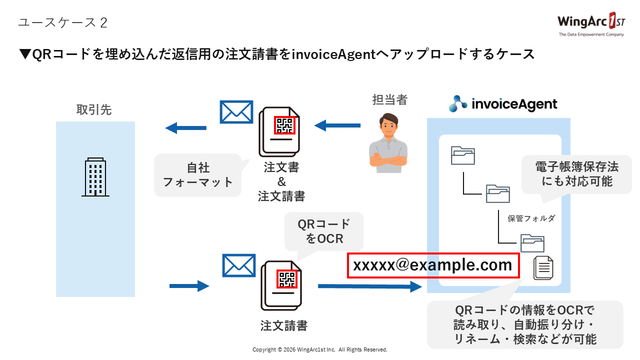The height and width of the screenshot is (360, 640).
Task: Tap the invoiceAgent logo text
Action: tap(503, 103)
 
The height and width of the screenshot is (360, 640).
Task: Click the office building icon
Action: tap(95, 177)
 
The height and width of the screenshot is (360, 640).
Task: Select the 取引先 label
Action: tap(94, 109)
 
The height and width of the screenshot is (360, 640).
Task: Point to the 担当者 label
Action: tap(390, 100)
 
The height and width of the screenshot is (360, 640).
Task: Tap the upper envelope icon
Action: tap(236, 112)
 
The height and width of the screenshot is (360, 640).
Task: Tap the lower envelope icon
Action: tap(238, 265)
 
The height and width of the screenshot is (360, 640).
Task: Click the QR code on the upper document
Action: tap(284, 125)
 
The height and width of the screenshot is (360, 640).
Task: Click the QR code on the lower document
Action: tap(287, 279)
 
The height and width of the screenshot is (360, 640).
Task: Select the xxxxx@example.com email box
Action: tap(433, 265)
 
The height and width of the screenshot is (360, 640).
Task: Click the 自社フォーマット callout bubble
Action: tap(198, 174)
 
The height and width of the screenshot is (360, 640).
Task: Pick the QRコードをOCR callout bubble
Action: tap(324, 231)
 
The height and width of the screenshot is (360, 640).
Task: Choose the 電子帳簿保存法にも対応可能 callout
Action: tap(576, 174)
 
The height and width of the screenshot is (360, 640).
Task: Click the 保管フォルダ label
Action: tap(531, 218)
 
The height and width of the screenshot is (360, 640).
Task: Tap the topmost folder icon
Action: tap(462, 155)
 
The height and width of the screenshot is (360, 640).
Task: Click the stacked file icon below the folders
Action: tap(543, 267)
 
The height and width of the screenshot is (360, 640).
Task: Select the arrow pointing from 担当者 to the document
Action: tap(336, 125)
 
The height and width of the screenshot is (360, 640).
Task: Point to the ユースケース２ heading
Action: tap(62, 22)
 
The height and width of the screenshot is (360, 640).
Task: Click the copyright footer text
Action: tap(320, 349)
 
